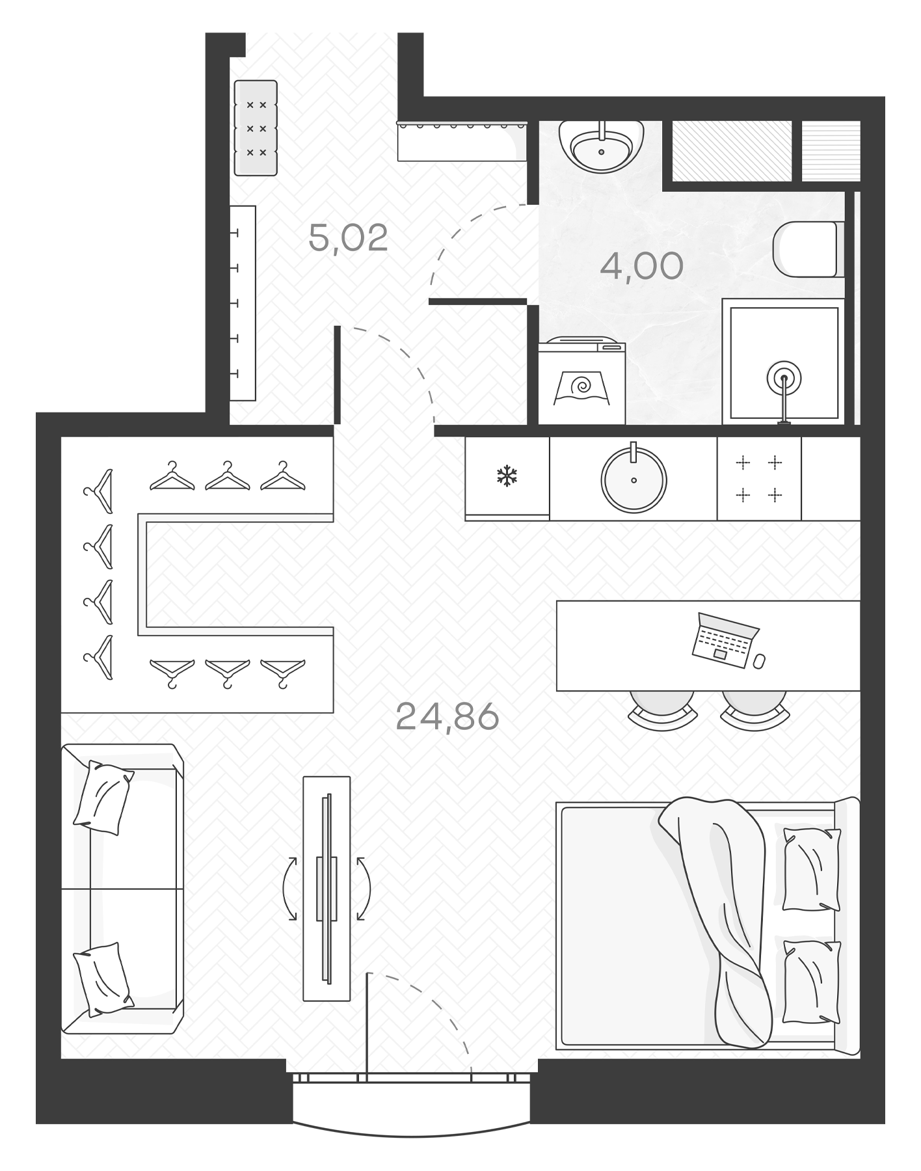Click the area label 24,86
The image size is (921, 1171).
(447, 717)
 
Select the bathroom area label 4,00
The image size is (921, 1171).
(641, 266)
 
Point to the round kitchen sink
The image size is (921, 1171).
(634, 479)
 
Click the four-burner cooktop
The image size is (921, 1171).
(758, 479)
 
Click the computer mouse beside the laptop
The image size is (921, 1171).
(759, 662)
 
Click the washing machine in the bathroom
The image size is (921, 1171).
(581, 384)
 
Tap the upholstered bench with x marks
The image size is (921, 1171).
(256, 128)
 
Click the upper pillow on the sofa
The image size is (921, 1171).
(103, 798)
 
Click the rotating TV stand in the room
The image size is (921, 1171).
(327, 888)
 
